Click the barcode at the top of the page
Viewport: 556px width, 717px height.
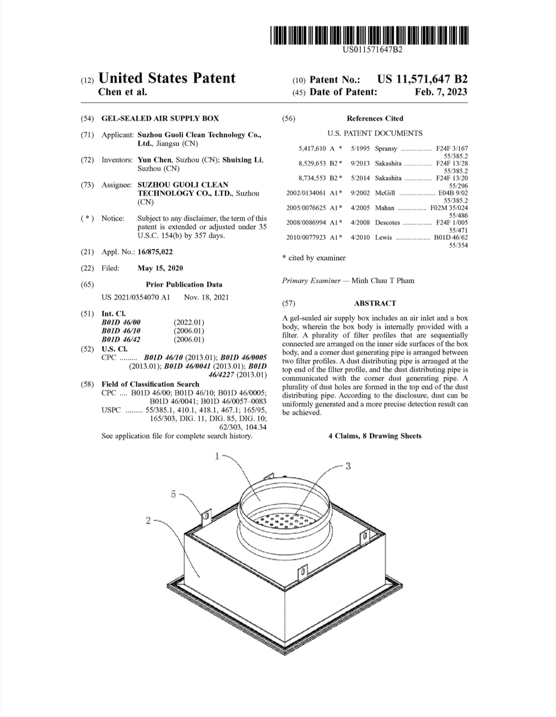[x=369, y=35]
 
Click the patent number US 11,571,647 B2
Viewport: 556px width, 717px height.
[x=422, y=79]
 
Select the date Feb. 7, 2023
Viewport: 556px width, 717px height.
[x=441, y=92]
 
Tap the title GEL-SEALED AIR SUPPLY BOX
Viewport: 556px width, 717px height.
[x=160, y=118]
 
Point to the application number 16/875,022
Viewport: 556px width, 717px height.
[x=155, y=252]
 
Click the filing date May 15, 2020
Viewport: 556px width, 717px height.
[x=160, y=268]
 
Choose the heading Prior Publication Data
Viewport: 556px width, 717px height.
[x=184, y=284]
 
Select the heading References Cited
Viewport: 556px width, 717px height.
[x=375, y=118]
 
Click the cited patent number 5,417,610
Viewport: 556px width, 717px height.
[x=312, y=148]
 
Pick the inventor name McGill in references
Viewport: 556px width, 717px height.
[x=385, y=193]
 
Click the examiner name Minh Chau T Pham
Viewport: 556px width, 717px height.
[x=383, y=280]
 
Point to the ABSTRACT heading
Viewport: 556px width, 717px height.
[x=375, y=303]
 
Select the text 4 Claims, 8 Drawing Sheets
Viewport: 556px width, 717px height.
[x=375, y=436]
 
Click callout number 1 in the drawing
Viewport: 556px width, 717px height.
[x=217, y=456]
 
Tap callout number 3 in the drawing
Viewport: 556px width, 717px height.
[x=348, y=466]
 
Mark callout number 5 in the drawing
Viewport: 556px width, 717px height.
[x=174, y=494]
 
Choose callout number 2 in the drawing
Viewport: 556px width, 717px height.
[x=148, y=520]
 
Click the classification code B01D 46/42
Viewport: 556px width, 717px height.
[x=121, y=339]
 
